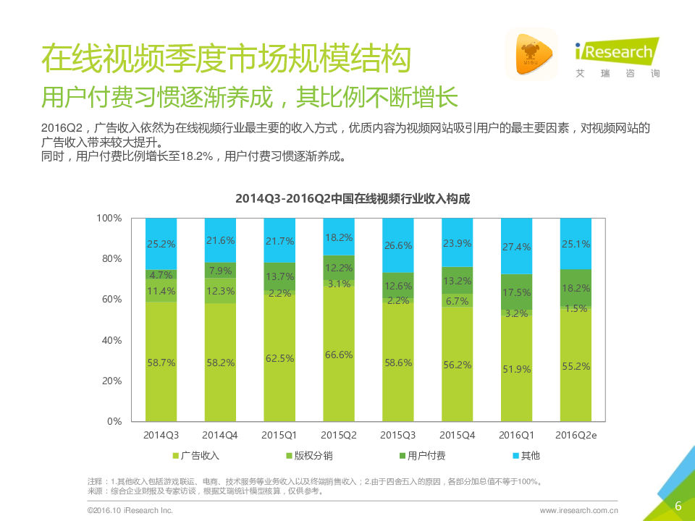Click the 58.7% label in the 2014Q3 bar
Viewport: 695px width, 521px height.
[161, 364]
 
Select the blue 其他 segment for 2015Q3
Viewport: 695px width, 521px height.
[398, 245]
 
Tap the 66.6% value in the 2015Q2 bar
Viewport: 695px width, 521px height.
[339, 355]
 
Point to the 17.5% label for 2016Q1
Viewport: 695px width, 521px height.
[516, 292]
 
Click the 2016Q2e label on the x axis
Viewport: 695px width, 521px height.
[576, 435]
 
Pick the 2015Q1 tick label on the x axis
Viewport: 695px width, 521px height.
[279, 435]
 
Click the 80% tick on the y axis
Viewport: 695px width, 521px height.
[109, 259]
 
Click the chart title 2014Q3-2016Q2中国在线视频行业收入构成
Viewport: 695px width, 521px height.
[353, 198]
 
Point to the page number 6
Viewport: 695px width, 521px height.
[678, 505]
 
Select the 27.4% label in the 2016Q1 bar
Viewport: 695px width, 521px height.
[516, 247]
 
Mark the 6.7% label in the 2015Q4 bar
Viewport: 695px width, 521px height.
[457, 301]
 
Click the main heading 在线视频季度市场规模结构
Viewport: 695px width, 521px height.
[226, 58]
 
